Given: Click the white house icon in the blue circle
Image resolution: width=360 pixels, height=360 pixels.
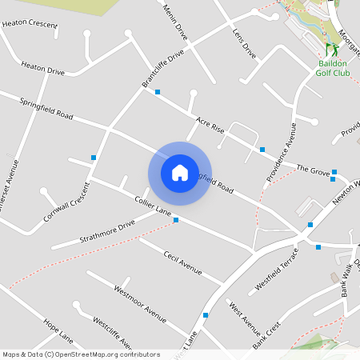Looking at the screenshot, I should [x=180, y=172].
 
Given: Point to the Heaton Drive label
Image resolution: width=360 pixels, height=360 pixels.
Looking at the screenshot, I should [x=42, y=70].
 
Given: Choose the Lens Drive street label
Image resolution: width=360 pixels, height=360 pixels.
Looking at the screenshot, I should [x=244, y=45].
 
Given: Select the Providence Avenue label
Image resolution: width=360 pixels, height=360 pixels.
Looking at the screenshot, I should [x=281, y=149].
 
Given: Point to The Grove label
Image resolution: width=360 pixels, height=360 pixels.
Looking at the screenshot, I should [x=313, y=170].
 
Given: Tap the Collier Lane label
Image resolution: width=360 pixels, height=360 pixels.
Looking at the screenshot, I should [x=153, y=206].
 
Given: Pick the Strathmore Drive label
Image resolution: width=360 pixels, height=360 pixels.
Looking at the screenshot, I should [x=107, y=232].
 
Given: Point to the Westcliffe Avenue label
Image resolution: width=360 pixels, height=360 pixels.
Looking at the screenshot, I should [x=112, y=334].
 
